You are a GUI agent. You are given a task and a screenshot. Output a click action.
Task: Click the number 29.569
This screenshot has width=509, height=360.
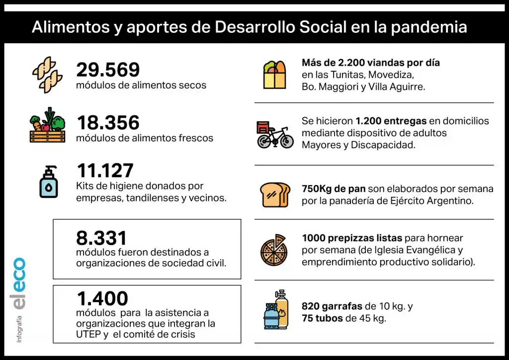(x=108, y=70)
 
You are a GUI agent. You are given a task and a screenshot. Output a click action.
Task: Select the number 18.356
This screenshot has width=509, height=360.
(x=108, y=123)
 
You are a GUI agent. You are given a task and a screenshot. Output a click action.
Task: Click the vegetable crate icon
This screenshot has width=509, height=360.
(x=47, y=126)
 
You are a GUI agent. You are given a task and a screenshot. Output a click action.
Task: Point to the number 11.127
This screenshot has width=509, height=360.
(x=105, y=171)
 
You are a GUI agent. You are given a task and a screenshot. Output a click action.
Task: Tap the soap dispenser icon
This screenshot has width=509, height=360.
(x=48, y=181)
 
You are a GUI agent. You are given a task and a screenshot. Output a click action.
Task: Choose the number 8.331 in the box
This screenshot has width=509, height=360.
(x=101, y=238)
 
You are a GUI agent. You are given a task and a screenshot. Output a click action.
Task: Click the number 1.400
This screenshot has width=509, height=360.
(x=102, y=298)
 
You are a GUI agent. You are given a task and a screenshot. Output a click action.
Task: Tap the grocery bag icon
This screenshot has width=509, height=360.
(x=274, y=75)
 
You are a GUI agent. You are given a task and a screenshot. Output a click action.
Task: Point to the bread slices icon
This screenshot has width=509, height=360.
(x=275, y=195)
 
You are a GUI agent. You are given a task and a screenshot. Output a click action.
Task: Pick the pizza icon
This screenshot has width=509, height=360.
(x=274, y=250)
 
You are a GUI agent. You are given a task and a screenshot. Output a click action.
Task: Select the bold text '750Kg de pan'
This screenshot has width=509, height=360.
(x=334, y=189)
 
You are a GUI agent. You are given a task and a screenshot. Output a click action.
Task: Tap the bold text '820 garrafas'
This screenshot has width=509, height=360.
(x=332, y=306)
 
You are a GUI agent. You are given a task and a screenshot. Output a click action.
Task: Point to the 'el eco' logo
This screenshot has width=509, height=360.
(x=19, y=283)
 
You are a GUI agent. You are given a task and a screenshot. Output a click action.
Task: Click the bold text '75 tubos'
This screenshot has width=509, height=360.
(x=322, y=318)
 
